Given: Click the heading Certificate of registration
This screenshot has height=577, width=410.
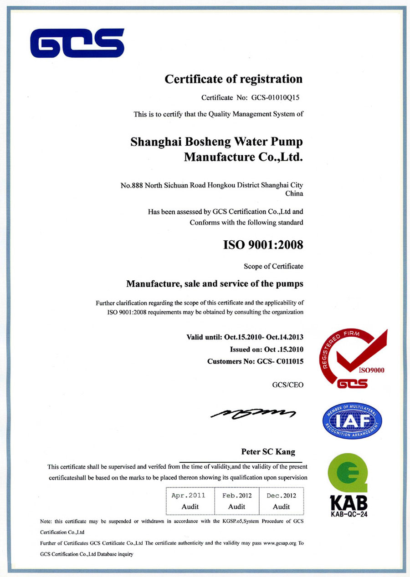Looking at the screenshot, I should click(x=233, y=79).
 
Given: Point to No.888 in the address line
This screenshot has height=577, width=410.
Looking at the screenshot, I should click(x=131, y=185).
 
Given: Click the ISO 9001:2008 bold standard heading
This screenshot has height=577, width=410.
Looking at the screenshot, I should click(x=263, y=245).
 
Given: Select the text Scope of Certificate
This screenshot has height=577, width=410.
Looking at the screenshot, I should click(x=273, y=266).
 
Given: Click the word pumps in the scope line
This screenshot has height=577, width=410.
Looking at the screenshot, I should click(x=288, y=284).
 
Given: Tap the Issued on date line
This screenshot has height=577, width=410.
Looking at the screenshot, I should click(x=266, y=349).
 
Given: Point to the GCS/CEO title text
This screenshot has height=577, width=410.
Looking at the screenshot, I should click(x=287, y=385).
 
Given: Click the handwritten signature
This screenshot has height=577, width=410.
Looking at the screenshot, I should click(x=253, y=413).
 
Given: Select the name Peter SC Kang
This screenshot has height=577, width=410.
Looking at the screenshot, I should click(x=268, y=452).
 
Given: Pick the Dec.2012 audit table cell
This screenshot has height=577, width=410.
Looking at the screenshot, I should click(x=281, y=500).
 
